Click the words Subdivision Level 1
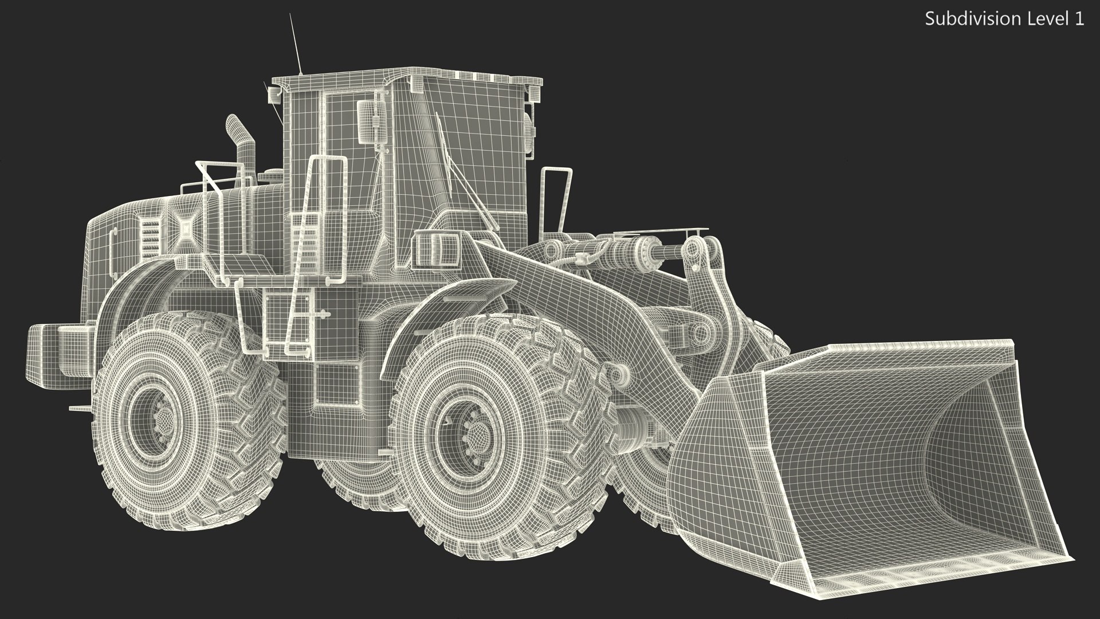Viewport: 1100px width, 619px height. [x=1004, y=19]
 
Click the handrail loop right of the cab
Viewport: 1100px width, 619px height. [x=556, y=198]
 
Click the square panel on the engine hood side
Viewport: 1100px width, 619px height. [x=186, y=228]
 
